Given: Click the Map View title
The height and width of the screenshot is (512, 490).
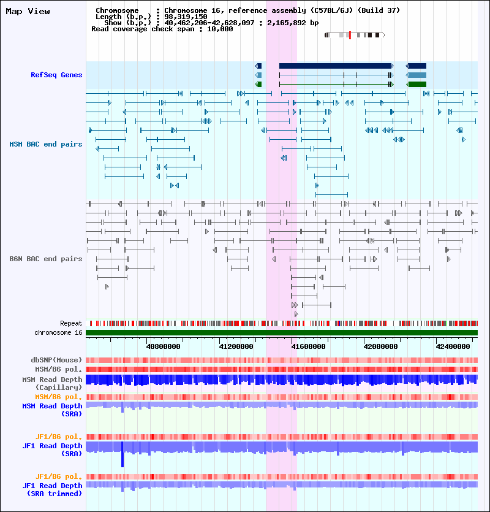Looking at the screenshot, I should click(28, 11).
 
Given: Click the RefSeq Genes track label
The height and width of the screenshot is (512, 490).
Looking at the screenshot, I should click(56, 75).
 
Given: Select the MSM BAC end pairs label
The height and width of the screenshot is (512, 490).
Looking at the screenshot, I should click(46, 144).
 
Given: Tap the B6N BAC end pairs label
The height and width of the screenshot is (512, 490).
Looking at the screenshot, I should click(46, 259).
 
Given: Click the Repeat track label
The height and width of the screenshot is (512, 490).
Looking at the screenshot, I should click(71, 323).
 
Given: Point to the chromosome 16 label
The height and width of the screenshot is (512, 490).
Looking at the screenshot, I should click(58, 332).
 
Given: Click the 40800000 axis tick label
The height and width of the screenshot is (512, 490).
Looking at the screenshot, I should click(162, 346).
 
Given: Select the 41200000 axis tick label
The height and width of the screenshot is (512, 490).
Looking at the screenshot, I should click(236, 346).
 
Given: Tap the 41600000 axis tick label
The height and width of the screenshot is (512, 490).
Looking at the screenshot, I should click(308, 346).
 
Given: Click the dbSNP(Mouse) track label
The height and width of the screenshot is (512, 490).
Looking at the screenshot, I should click(56, 360).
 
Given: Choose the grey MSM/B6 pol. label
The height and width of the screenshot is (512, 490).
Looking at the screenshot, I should click(58, 369).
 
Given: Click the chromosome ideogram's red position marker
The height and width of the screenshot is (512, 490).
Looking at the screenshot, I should click(349, 35).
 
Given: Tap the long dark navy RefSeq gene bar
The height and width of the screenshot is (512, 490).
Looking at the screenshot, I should click(335, 66).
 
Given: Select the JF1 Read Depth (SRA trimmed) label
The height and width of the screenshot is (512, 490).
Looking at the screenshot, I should click(52, 489).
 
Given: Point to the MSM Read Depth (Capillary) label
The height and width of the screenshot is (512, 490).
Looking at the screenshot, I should click(52, 384).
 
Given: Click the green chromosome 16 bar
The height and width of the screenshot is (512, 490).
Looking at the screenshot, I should click(282, 332).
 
